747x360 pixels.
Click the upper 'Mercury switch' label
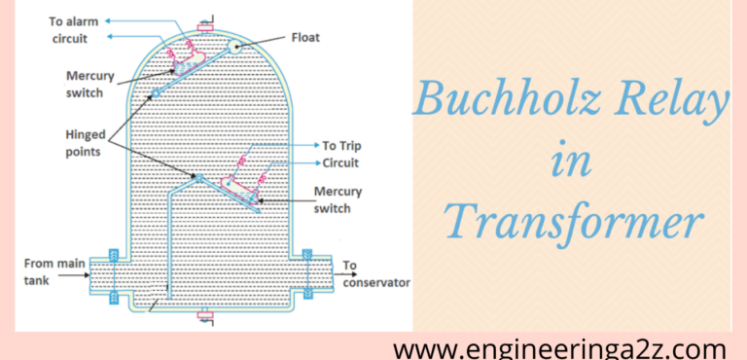pyautogui.click(x=90, y=83)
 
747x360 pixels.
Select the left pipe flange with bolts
pyautogui.click(x=114, y=276)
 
